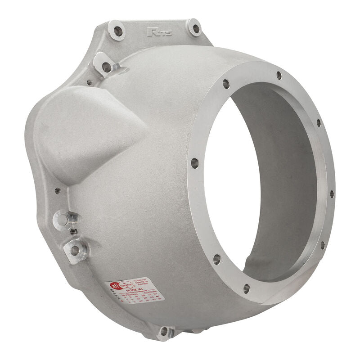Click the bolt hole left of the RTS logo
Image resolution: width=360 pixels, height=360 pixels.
pyautogui.click(x=118, y=31)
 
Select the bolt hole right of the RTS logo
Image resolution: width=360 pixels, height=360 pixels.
pyautogui.click(x=195, y=28)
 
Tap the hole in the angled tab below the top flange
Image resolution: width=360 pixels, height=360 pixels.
pyautogui.click(x=107, y=67)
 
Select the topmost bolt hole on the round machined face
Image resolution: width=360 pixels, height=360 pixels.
pyautogui.click(x=279, y=75)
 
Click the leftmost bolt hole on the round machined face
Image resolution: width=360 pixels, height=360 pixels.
pyautogui.click(x=194, y=163)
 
